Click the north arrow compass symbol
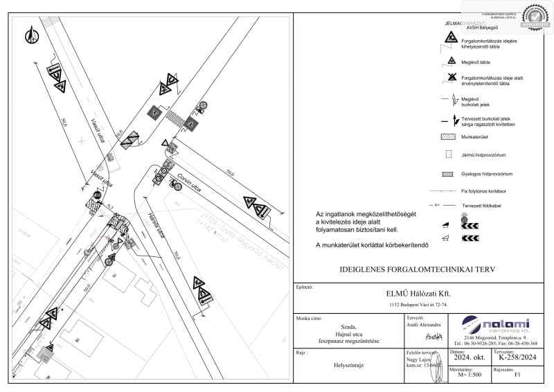coord(31,35)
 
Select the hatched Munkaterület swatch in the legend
coord(447,139)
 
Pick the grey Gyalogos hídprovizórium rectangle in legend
coord(447,172)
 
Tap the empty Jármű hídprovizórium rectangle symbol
coord(447,154)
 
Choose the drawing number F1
coord(516,375)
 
